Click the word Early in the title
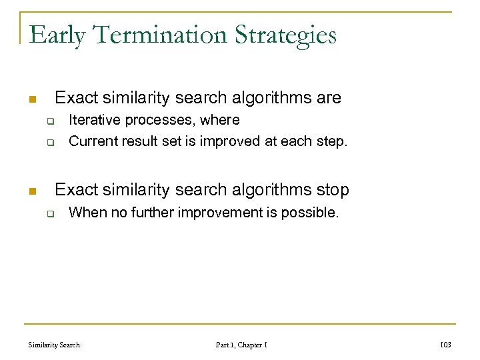pyautogui.click(x=57, y=35)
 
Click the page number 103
pyautogui.click(x=446, y=345)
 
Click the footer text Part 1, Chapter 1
pyautogui.click(x=241, y=345)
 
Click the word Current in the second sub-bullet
pyautogui.click(x=91, y=141)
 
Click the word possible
pyautogui.click(x=313, y=213)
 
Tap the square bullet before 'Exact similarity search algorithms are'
pyautogui.click(x=31, y=99)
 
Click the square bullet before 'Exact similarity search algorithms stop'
pyautogui.click(x=31, y=191)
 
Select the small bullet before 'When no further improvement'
pyautogui.click(x=49, y=215)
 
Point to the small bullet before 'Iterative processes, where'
pyautogui.click(x=49, y=121)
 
